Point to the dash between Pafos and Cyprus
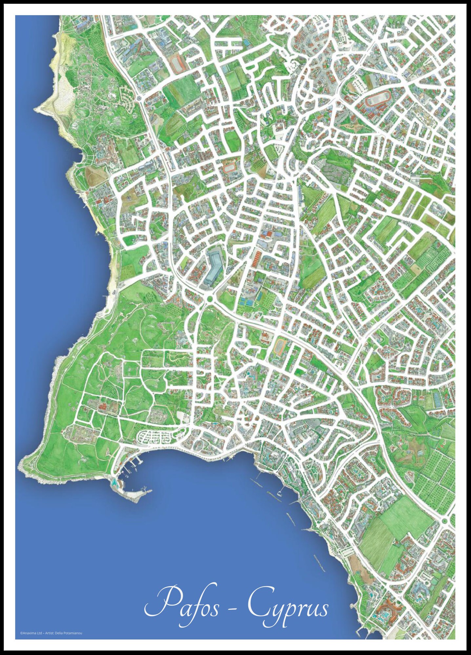pyautogui.click(x=232, y=610)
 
